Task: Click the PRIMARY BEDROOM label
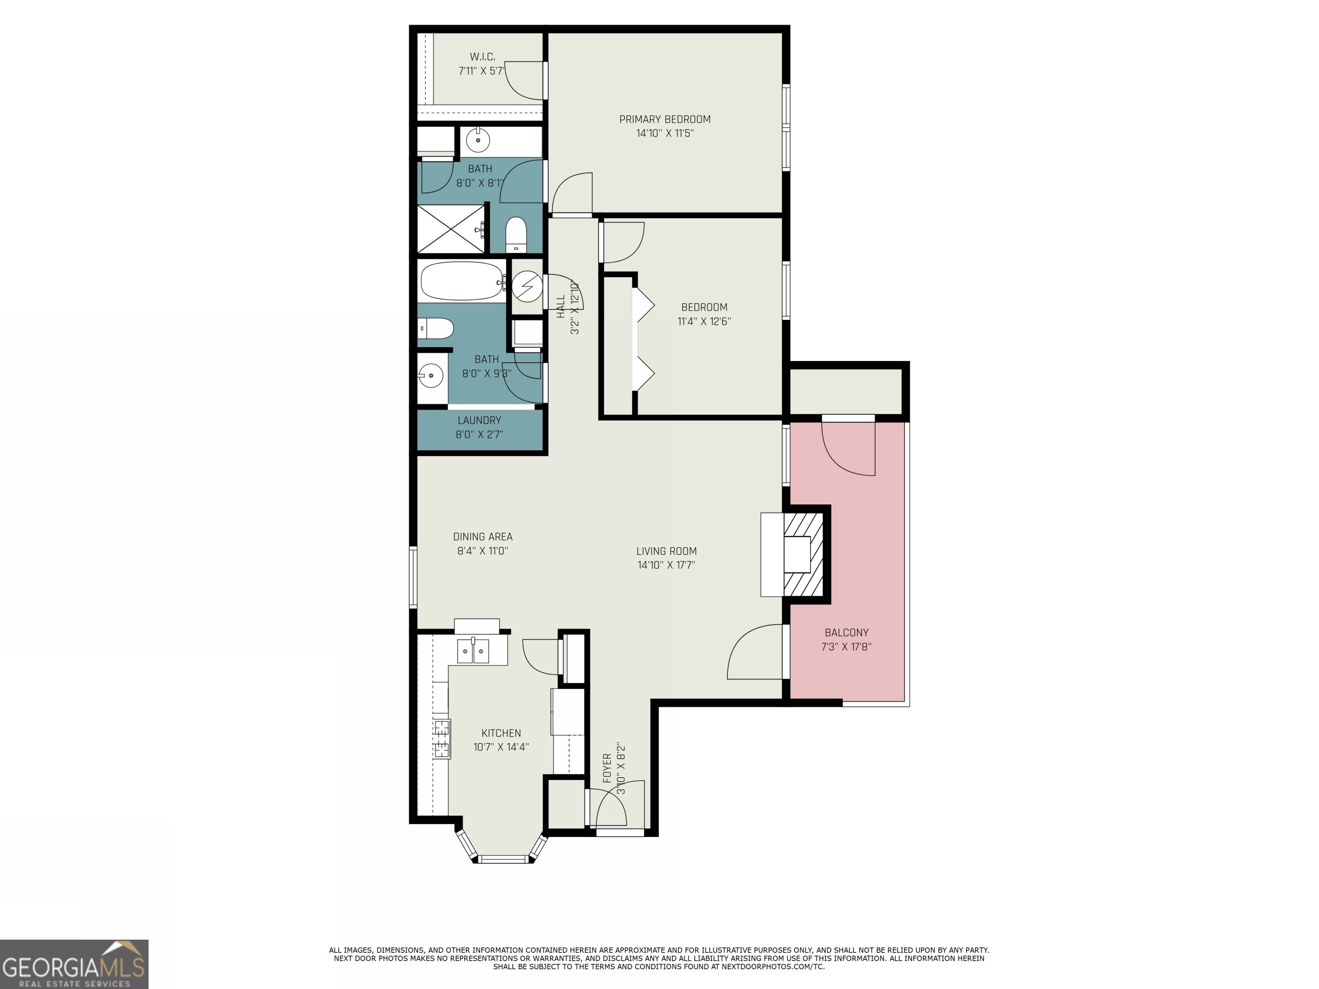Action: tap(664, 119)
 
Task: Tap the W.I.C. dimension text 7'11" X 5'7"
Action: tap(481, 71)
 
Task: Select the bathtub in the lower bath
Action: tap(462, 281)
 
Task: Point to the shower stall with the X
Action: tap(451, 229)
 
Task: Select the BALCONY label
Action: tap(846, 633)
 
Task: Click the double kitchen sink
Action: tap(473, 651)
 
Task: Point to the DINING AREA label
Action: tap(483, 537)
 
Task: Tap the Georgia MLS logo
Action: tap(74, 964)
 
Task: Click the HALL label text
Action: tap(560, 306)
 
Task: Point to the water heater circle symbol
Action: tap(527, 287)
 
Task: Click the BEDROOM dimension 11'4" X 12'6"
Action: tap(704, 322)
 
